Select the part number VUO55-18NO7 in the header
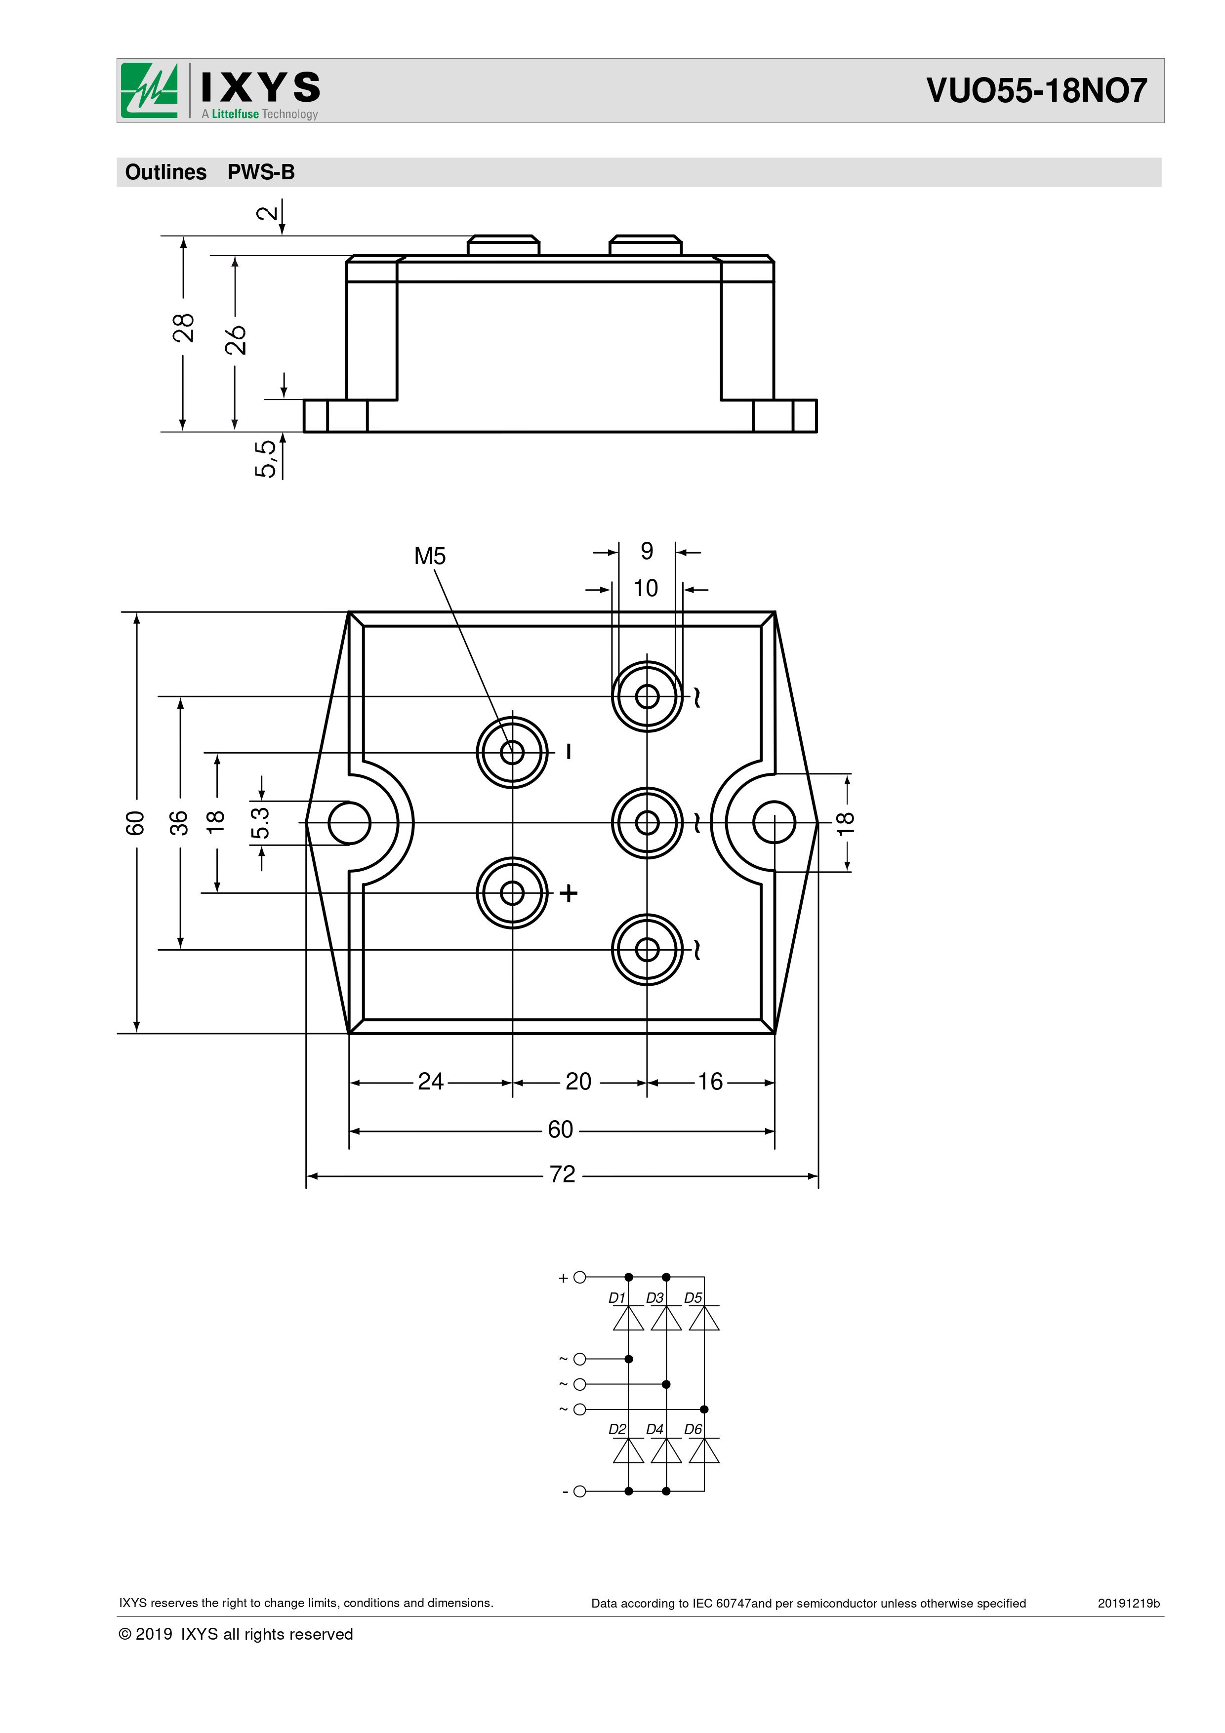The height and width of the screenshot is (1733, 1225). point(1036,90)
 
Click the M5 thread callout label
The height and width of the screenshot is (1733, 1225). point(430,556)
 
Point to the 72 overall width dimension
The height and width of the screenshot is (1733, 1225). point(562,1174)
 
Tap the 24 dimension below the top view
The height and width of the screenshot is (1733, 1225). point(431,1082)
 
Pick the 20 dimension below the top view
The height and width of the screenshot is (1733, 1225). point(579,1082)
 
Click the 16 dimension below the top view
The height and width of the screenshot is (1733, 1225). point(710,1082)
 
